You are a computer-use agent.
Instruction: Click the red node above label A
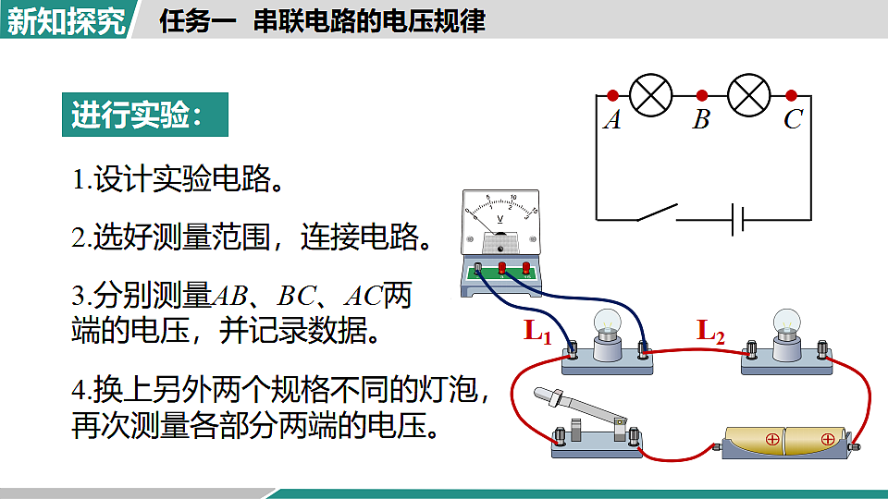[612, 95]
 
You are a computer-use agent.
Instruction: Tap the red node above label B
[702, 95]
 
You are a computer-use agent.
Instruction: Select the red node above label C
[792, 95]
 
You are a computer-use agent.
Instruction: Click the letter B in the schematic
[701, 120]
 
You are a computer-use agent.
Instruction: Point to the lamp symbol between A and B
[651, 95]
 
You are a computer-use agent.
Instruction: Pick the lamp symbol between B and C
[748, 95]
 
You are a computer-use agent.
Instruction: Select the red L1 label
[537, 331]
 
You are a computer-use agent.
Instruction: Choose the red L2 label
[710, 330]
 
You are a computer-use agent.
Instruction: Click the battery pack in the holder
[783, 440]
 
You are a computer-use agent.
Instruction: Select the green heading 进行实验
[144, 116]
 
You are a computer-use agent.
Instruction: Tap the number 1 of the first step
[79, 180]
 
